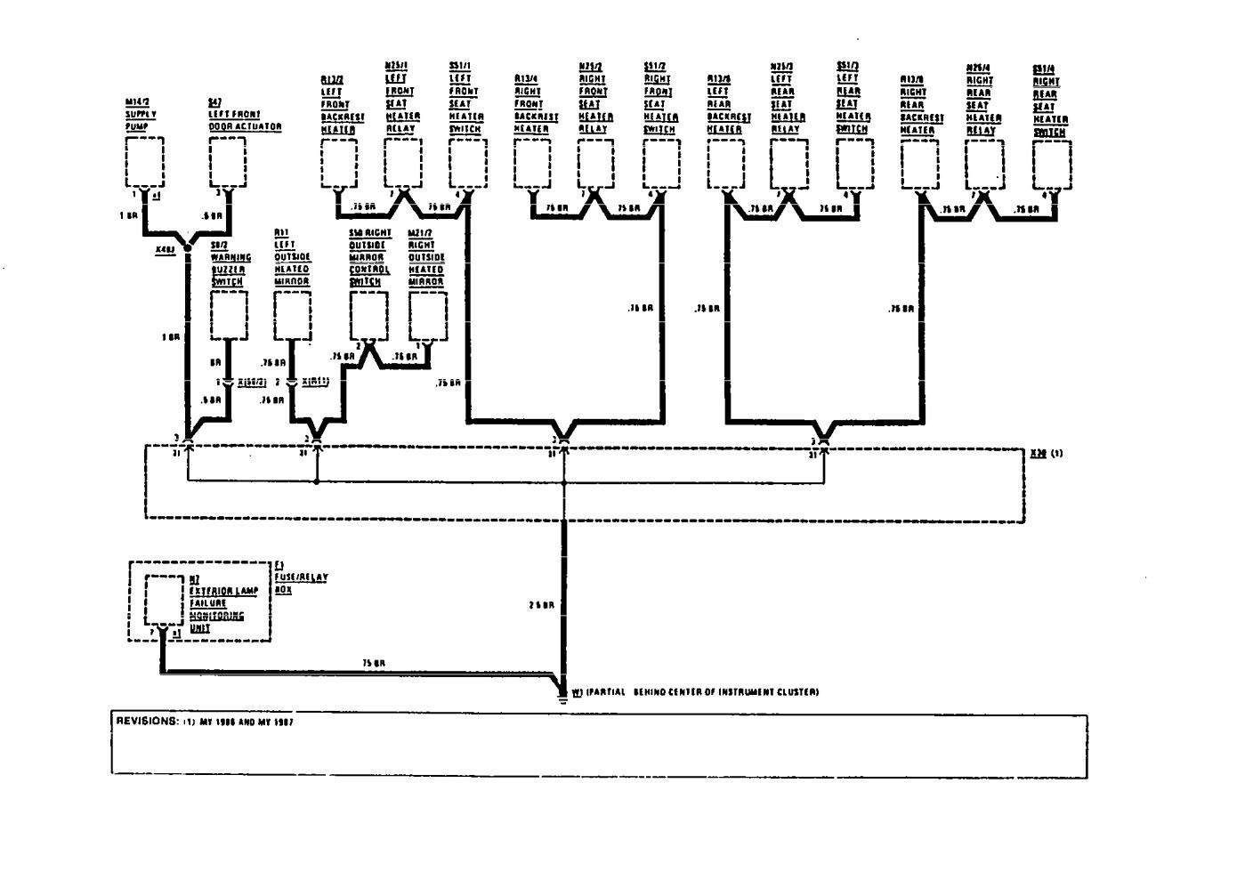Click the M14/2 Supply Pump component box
pos(145,163)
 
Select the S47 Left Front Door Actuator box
pos(227,163)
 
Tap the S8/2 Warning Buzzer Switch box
pos(229,316)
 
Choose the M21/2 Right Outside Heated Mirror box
pos(426,316)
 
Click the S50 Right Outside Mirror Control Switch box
pos(368,316)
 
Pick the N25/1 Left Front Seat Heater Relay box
pos(402,165)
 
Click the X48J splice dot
pos(188,249)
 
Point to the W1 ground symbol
pos(563,693)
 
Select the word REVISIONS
pos(147,722)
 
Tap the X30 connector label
pos(1038,453)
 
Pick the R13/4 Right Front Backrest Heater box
pos(532,165)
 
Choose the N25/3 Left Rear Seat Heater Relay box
pos(788,165)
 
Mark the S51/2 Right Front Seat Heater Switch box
pos(661,165)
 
